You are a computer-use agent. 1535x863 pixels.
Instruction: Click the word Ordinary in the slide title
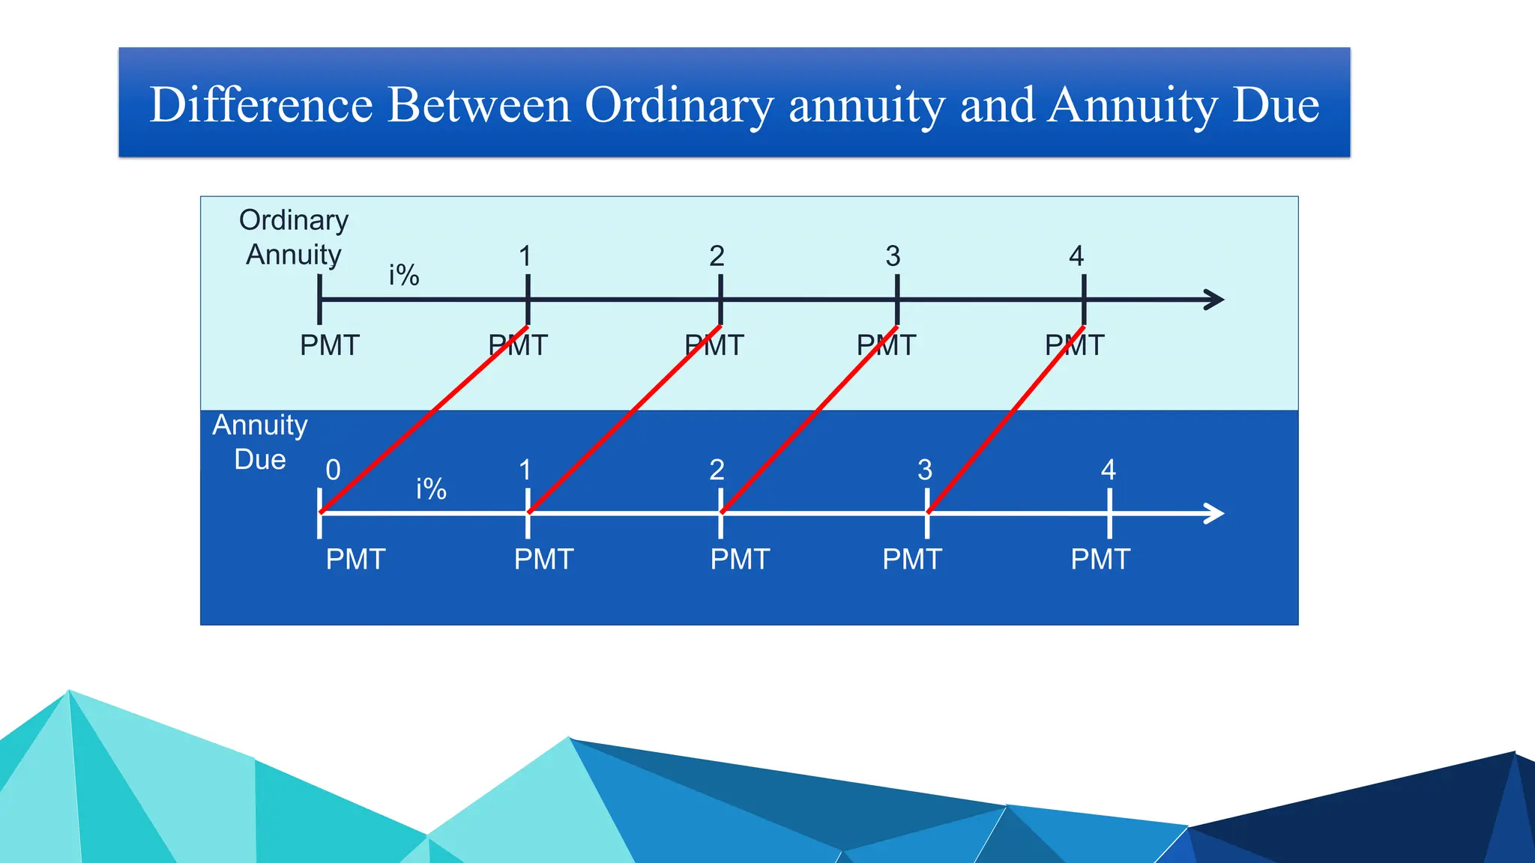[678, 105]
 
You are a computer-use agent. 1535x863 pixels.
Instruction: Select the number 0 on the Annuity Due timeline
[333, 470]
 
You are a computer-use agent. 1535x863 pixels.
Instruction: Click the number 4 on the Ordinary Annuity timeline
[1076, 256]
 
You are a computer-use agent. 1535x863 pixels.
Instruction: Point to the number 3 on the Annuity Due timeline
[925, 470]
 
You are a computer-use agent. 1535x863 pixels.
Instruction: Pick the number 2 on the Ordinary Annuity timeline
[717, 256]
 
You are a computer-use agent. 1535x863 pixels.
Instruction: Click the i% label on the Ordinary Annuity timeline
[404, 275]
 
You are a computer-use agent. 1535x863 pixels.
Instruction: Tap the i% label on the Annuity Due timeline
[431, 489]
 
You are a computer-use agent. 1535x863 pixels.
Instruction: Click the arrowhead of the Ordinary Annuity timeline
[1215, 300]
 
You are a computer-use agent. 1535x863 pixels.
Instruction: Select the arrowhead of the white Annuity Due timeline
[1215, 513]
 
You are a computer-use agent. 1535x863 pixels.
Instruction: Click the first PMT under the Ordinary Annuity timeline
[330, 345]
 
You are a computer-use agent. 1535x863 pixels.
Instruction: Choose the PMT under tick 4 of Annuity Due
[1100, 559]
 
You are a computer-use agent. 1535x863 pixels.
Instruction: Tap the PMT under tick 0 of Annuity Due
[355, 559]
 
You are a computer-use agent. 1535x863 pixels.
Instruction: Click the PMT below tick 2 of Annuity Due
[740, 559]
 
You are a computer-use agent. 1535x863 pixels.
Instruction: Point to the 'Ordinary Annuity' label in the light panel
[294, 237]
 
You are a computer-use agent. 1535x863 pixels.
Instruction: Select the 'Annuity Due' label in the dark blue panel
[260, 442]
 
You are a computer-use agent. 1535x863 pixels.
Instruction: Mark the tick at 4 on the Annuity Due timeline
[1109, 513]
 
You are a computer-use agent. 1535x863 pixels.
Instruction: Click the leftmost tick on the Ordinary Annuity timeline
[320, 300]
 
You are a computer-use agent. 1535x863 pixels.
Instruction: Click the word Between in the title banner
[479, 105]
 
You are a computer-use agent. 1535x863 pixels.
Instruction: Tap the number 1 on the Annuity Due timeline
[525, 470]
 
